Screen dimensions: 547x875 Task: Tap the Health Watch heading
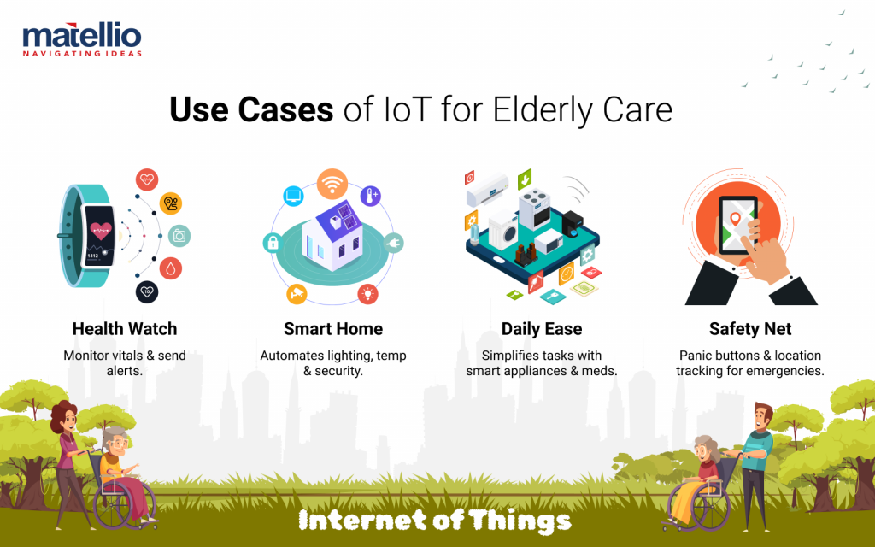pos(125,329)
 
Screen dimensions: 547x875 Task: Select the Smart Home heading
pos(333,329)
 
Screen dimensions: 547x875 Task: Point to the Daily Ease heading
pos(542,329)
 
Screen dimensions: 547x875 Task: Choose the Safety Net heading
pos(750,329)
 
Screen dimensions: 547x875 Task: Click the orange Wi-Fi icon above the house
pos(332,183)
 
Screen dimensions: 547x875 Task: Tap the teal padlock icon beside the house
pos(273,243)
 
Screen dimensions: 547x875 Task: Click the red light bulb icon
pos(369,294)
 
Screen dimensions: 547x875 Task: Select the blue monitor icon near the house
pos(293,196)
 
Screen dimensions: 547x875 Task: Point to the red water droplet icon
pos(171,268)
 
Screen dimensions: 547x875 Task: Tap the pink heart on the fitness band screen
pos(103,229)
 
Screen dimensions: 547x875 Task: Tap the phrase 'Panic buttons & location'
pos(750,355)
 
